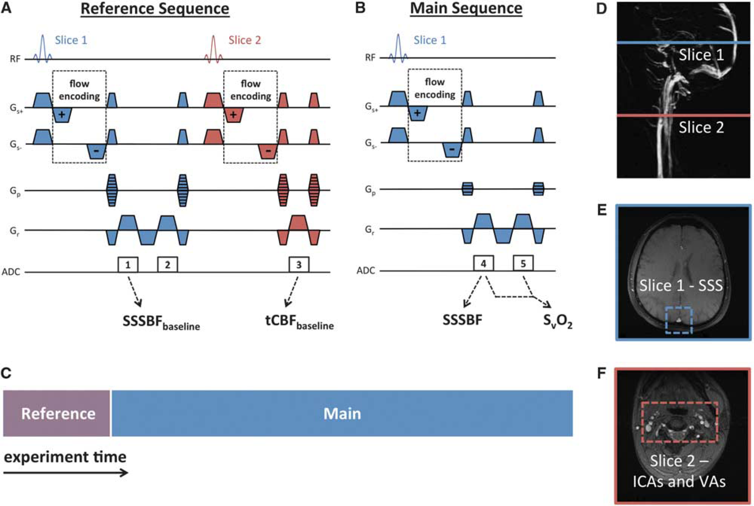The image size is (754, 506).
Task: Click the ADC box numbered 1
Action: click(x=128, y=264)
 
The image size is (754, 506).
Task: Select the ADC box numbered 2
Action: click(x=168, y=264)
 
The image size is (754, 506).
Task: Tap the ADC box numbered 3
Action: click(x=299, y=264)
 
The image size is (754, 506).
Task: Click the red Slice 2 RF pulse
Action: click(x=214, y=50)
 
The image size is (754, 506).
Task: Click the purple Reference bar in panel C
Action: click(x=57, y=413)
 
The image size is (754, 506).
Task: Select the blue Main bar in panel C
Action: click(x=342, y=413)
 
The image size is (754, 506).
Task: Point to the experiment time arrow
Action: click(x=65, y=473)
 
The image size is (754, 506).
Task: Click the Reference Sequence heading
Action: click(x=155, y=9)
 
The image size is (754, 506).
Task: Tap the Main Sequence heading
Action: click(x=466, y=9)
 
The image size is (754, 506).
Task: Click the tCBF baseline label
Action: click(x=300, y=322)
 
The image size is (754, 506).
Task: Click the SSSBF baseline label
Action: click(x=161, y=322)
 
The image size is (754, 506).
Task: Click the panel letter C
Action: click(x=6, y=373)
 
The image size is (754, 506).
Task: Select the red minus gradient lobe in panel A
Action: click(x=268, y=152)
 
